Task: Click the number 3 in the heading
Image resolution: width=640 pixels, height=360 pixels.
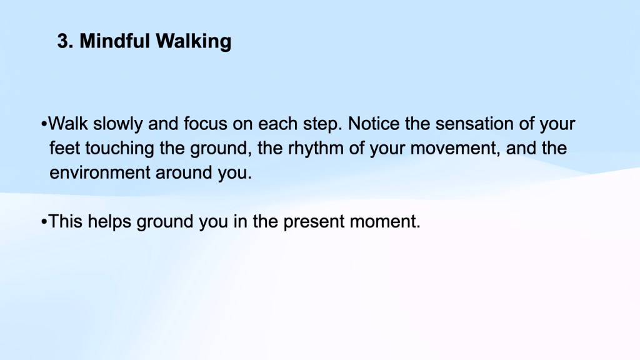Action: pyautogui.click(x=63, y=41)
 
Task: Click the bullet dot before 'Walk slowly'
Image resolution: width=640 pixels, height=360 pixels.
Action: pyautogui.click(x=44, y=124)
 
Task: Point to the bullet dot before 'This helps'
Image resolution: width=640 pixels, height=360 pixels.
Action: pyautogui.click(x=44, y=222)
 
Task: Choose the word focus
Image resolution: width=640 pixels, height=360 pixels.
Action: pyautogui.click(x=205, y=124)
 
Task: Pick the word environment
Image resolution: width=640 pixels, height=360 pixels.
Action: pyautogui.click(x=99, y=172)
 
